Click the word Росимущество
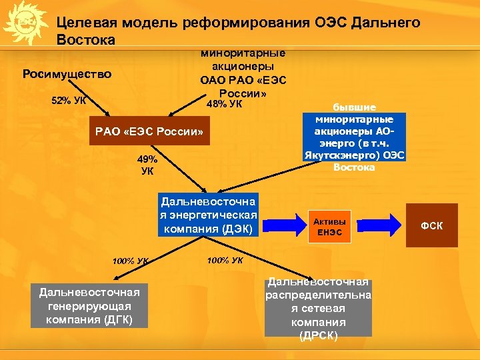tap(67, 74)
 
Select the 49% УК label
tap(147, 165)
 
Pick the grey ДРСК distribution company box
tap(318, 307)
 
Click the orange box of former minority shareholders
tap(355, 137)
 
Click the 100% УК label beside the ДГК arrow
tap(131, 261)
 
